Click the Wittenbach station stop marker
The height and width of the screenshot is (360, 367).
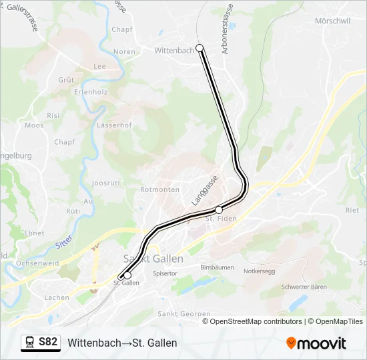(x=200, y=49)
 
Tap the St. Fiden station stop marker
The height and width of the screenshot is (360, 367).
(x=219, y=210)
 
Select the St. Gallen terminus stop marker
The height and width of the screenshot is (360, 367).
(x=127, y=275)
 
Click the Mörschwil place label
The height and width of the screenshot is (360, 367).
(x=332, y=21)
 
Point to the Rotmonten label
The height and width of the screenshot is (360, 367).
(x=160, y=189)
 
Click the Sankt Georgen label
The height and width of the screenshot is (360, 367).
(x=179, y=313)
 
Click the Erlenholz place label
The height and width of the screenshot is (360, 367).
(x=91, y=91)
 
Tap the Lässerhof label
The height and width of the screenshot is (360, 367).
(x=114, y=125)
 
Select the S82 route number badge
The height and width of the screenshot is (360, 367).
(x=48, y=342)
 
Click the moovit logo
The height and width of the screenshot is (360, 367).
(x=316, y=343)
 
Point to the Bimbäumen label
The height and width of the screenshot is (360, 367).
(x=217, y=267)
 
